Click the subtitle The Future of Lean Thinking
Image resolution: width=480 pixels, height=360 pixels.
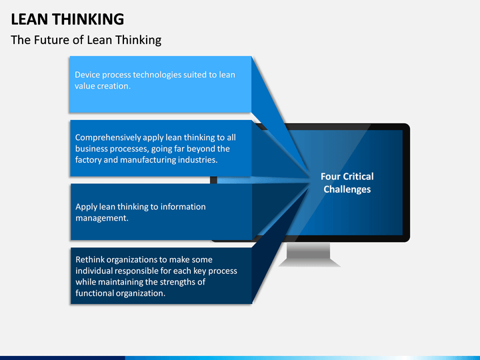point(86,39)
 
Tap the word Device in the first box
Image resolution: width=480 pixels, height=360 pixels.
point(88,75)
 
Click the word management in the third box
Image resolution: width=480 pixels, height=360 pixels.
point(101,218)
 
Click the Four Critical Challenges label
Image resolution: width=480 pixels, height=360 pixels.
point(347,183)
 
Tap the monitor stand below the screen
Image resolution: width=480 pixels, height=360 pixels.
point(309,254)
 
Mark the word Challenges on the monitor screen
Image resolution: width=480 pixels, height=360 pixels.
point(347,189)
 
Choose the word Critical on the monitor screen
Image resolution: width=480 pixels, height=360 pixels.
point(358,177)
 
